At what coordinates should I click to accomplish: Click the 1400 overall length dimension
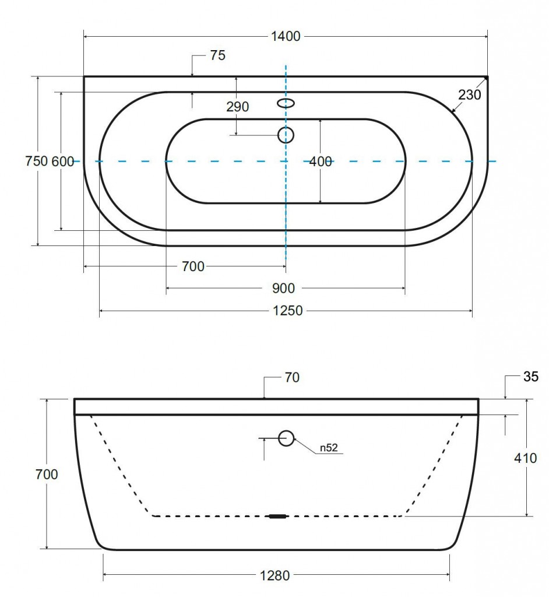tap(286, 37)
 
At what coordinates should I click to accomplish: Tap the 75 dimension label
tap(218, 55)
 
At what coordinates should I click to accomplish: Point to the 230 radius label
tap(470, 94)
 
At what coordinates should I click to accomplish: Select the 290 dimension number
tap(238, 107)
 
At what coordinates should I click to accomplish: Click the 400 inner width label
tap(321, 162)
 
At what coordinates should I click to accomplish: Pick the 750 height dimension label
tap(37, 161)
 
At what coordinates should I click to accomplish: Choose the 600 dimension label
tap(63, 161)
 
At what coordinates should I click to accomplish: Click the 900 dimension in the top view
tap(284, 289)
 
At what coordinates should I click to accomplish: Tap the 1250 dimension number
tap(288, 311)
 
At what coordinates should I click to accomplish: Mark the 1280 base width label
tap(275, 575)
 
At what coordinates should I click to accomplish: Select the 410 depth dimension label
tap(525, 458)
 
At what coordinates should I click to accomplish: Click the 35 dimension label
tap(531, 377)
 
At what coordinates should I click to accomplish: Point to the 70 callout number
tap(292, 378)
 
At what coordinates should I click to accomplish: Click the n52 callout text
tap(329, 448)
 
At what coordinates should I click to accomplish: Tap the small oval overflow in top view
tap(286, 103)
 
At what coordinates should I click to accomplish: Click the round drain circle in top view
tap(286, 135)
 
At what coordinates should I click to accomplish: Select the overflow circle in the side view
tap(286, 438)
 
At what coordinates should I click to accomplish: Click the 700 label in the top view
tap(193, 266)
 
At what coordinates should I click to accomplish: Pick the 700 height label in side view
tap(47, 475)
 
